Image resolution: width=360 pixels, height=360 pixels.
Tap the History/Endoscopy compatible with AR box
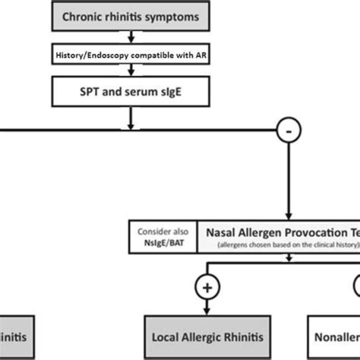pos(132,55)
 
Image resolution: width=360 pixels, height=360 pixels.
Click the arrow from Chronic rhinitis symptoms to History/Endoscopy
pos(132,36)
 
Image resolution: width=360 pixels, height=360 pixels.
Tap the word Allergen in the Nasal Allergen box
pos(258,230)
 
